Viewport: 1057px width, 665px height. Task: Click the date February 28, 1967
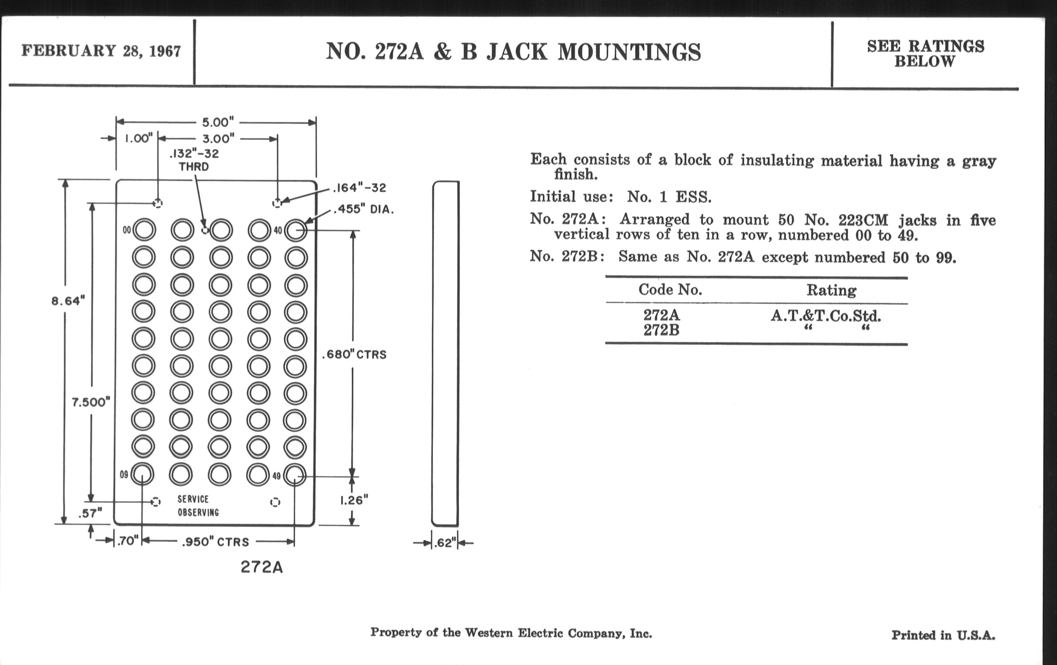(101, 51)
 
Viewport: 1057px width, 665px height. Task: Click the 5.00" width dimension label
(218, 122)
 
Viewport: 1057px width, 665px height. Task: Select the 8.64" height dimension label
(68, 301)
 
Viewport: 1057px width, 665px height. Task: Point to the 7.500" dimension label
(91, 402)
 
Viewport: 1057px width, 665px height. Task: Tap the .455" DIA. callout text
(363, 209)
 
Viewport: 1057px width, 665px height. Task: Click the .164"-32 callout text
(359, 188)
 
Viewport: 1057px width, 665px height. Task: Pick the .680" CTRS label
(354, 354)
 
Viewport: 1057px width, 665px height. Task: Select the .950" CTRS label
(216, 542)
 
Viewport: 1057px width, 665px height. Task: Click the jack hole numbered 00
(144, 230)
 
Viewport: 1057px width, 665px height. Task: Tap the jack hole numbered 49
(294, 475)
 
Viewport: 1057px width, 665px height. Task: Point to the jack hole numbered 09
(142, 474)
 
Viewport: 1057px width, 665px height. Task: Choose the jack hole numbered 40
(296, 230)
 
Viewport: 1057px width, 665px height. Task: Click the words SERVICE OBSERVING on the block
(198, 505)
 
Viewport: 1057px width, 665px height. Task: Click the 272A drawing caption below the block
(262, 568)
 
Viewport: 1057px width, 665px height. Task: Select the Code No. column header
(670, 290)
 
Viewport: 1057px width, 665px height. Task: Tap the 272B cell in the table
(661, 330)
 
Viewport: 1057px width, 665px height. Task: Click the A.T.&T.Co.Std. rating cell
(826, 316)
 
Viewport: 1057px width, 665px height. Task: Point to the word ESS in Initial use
(693, 197)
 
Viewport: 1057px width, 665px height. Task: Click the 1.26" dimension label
(354, 500)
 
